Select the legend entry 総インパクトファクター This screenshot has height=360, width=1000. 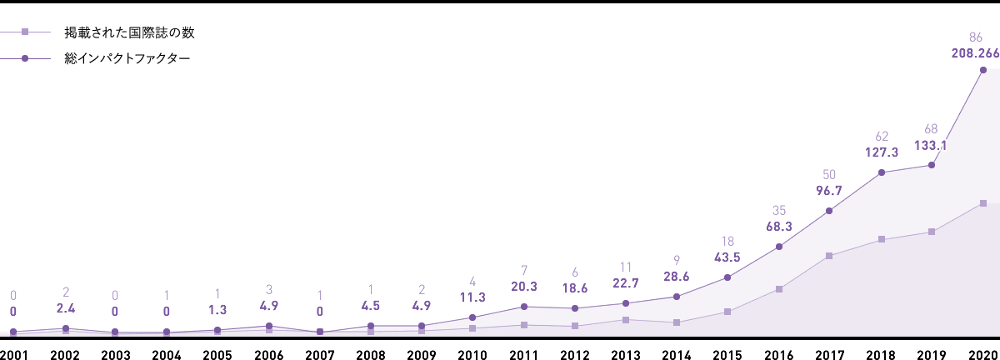[x=127, y=59]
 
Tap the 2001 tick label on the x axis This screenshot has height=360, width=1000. [x=14, y=353]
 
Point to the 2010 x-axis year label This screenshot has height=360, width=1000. [x=472, y=353]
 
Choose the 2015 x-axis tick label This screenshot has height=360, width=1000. [x=727, y=353]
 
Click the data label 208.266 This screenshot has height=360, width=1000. [x=974, y=52]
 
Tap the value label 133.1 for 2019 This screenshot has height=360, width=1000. [x=931, y=146]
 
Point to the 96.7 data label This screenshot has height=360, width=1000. [x=829, y=191]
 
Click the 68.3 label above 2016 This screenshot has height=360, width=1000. [x=778, y=226]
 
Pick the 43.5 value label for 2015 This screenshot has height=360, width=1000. [x=727, y=257]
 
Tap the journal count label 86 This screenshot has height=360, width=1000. [x=976, y=37]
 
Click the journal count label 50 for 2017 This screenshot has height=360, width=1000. [x=829, y=174]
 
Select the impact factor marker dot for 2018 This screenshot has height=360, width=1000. [x=881, y=173]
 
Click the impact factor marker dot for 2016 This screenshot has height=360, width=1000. [x=778, y=246]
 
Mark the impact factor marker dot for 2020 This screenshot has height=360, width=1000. [x=983, y=70]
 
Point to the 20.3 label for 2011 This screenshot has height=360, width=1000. [x=523, y=287]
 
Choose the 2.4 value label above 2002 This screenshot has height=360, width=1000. [x=65, y=310]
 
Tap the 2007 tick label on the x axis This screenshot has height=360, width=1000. [x=319, y=353]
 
